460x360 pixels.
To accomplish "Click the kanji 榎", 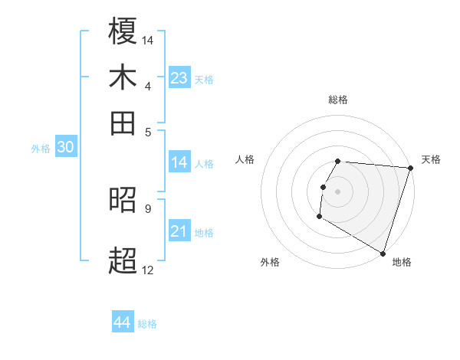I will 123,31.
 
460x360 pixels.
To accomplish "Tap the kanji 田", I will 123,123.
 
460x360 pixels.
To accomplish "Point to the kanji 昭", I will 123,201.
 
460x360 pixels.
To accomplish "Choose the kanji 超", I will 123,260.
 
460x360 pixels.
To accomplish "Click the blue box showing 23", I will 179,78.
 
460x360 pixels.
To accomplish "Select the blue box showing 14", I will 179,162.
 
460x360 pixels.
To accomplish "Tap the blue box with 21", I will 179,231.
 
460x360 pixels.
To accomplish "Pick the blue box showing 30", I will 65,148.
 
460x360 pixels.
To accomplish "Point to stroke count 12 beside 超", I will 147,270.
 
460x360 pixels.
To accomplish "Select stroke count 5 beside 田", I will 148,132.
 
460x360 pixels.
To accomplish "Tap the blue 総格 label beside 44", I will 147,324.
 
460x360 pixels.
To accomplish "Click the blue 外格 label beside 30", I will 41,149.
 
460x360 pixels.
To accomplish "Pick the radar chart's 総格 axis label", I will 337,100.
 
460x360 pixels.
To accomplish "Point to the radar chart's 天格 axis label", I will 431,159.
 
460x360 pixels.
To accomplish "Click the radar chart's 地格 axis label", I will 402,263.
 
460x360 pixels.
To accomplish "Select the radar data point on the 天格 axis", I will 410,168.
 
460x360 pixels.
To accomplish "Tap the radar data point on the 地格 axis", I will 382,252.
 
